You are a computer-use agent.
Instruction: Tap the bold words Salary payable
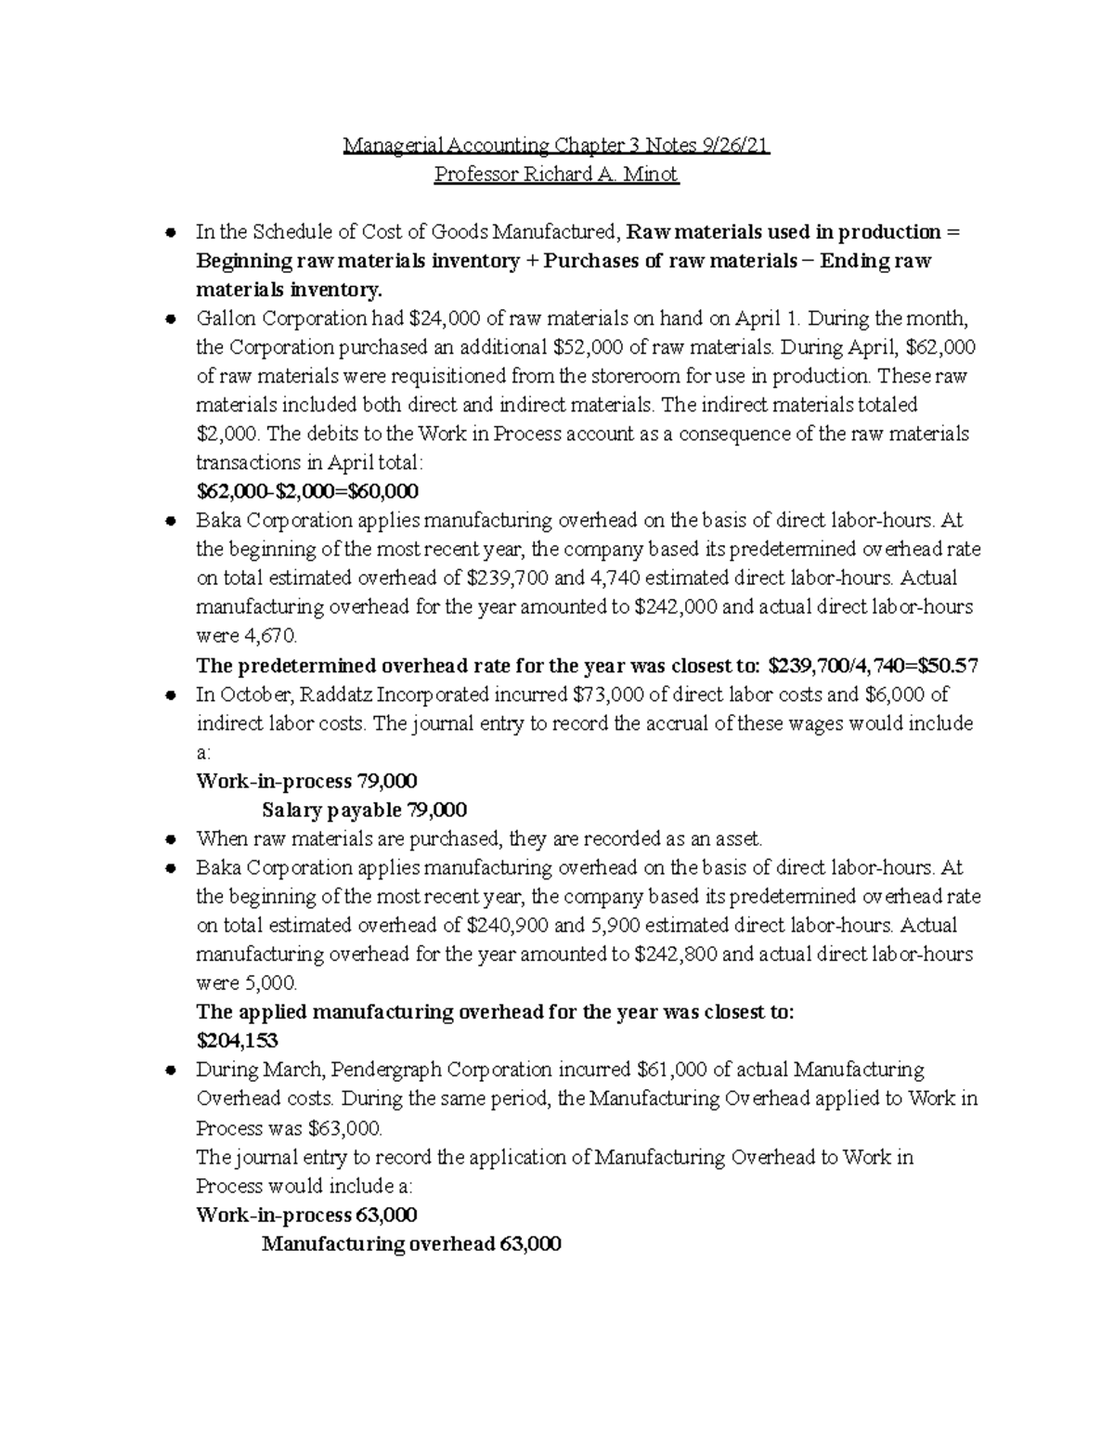(x=331, y=810)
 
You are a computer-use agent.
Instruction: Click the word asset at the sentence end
(x=736, y=838)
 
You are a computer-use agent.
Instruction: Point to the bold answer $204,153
(x=238, y=1041)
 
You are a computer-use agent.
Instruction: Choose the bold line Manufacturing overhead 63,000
(x=411, y=1243)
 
